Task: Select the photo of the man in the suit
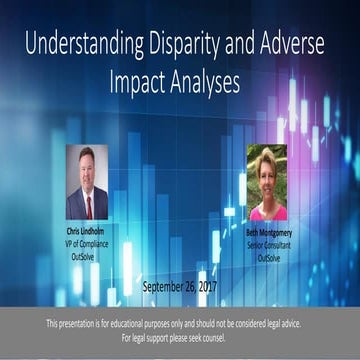[x=87, y=182]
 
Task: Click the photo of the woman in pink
[x=267, y=182]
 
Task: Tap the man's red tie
[x=88, y=207]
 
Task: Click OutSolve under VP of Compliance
[x=87, y=249]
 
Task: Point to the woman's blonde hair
[x=268, y=159]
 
